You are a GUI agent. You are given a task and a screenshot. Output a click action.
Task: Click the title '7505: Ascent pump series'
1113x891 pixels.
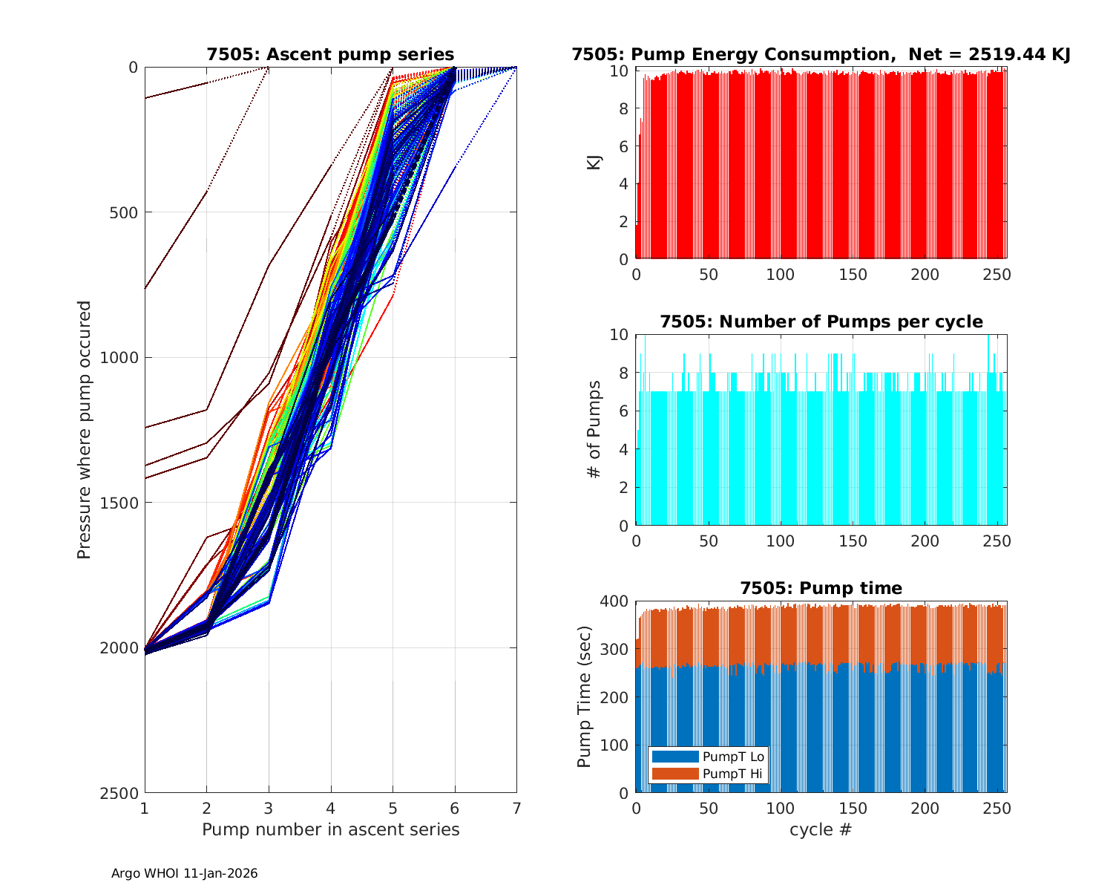[x=330, y=54]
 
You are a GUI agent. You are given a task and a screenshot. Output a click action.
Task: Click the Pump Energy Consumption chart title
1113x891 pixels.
[x=821, y=54]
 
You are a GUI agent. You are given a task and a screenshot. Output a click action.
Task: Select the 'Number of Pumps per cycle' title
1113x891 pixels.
[x=821, y=322]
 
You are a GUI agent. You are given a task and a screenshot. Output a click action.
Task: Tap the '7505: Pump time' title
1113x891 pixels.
[x=821, y=588]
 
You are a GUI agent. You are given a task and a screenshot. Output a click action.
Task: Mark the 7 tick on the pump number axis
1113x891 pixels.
[x=516, y=808]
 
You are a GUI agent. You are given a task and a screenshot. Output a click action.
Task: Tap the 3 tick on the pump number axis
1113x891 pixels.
[x=269, y=808]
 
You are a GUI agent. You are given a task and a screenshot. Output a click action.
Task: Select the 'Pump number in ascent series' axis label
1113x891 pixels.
[x=330, y=829]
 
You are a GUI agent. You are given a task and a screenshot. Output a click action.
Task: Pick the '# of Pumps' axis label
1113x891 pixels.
[x=594, y=429]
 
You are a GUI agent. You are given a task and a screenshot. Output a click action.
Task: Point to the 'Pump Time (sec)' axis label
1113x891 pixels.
[x=585, y=696]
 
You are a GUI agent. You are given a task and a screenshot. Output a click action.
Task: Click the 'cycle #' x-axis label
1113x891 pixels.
[x=821, y=829]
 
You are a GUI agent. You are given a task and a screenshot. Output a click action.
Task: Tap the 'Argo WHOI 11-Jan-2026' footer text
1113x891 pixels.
[x=184, y=874]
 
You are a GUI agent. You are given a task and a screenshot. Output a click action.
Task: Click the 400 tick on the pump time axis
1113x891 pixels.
[x=617, y=601]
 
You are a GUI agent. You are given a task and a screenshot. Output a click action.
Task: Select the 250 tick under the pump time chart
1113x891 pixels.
[x=997, y=808]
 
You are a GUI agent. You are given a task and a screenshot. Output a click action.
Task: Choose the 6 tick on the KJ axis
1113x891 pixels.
[x=623, y=146]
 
